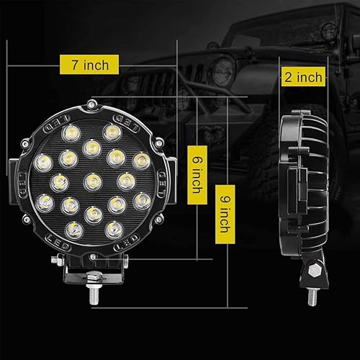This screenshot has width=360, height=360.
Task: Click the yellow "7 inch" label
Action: pyautogui.click(x=90, y=65)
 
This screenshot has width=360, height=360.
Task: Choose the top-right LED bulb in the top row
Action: pyautogui.click(x=112, y=132)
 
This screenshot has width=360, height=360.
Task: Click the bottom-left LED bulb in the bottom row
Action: pyautogui.click(x=73, y=228)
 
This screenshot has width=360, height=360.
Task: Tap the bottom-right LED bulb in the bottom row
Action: pyautogui.click(x=112, y=228)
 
